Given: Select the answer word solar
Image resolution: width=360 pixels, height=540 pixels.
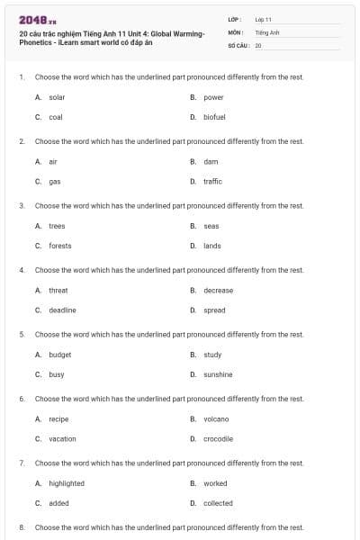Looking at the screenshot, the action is (x=57, y=97).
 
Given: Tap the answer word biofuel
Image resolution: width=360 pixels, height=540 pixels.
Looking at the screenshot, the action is (x=214, y=117).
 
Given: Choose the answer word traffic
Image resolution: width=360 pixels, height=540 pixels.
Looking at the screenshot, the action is (x=212, y=181).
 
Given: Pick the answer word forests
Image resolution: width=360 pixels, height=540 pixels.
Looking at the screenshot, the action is (x=60, y=246).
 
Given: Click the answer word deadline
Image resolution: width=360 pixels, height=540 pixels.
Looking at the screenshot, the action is (x=62, y=310).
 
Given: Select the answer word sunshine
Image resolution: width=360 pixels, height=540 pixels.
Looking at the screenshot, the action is (x=218, y=374).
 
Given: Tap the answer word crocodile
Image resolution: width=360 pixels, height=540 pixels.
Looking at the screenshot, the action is (x=218, y=439).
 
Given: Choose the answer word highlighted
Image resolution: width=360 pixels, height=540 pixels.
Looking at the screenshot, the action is (x=67, y=483).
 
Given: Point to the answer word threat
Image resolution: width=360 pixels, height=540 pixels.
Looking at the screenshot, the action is (x=58, y=291).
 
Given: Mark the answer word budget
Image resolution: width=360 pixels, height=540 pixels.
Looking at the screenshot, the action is (x=59, y=355).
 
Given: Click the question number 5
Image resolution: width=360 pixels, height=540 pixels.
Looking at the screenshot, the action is (x=21, y=334).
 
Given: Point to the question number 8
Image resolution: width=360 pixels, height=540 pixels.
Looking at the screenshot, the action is (x=21, y=526).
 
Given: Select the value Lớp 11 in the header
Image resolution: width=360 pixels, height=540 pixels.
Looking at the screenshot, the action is (x=264, y=19).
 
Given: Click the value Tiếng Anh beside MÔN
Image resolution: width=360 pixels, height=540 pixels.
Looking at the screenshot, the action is (x=267, y=31).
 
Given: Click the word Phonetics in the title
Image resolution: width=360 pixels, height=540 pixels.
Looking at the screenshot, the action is (x=36, y=42).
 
